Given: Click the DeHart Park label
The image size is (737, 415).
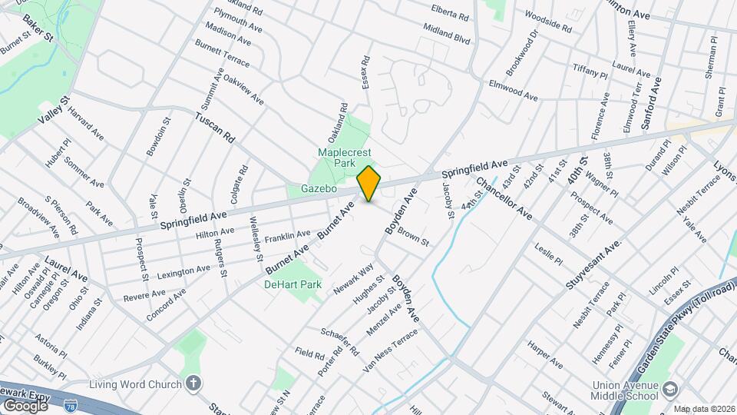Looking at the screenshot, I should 292,284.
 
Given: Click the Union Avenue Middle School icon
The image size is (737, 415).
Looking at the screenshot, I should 671,390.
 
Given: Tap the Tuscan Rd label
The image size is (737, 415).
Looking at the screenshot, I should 213,128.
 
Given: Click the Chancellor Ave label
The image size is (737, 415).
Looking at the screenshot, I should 504,198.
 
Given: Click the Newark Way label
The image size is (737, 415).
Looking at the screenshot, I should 353,279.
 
